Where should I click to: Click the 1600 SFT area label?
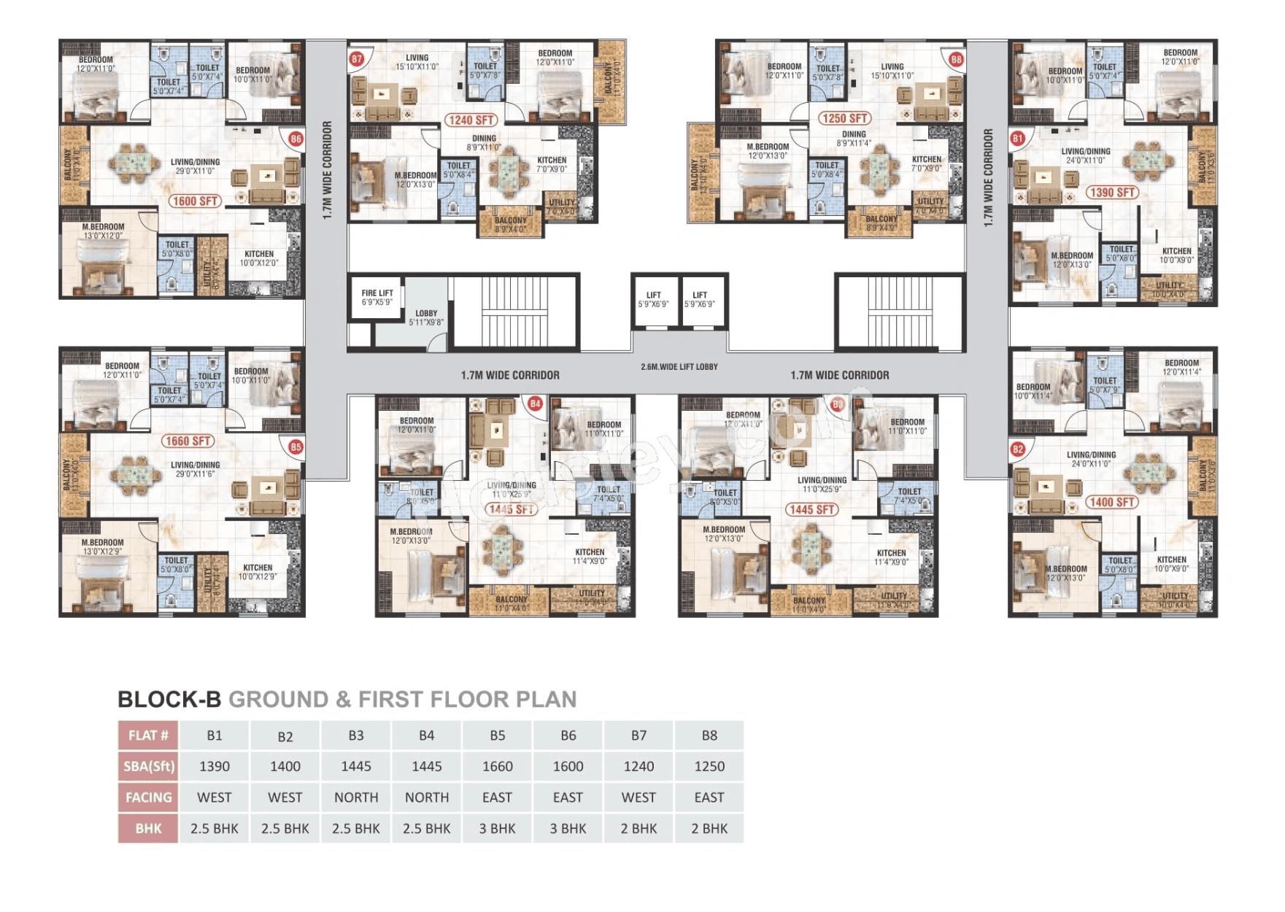click(x=195, y=201)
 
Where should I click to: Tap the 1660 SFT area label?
click(x=188, y=441)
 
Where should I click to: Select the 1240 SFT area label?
click(x=471, y=120)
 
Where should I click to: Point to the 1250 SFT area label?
click(x=844, y=118)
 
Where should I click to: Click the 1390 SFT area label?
click(x=1111, y=193)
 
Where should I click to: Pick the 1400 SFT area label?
click(x=1111, y=502)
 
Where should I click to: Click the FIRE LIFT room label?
click(x=377, y=297)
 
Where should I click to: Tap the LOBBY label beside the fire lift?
click(x=426, y=317)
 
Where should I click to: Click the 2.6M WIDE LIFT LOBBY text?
click(x=679, y=367)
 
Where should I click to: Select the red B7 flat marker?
click(x=357, y=58)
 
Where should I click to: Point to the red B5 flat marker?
click(x=296, y=447)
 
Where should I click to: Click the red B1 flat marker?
click(x=1018, y=138)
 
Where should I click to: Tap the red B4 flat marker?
click(x=535, y=403)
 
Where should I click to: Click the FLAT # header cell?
click(x=148, y=735)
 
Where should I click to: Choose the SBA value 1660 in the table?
click(x=497, y=766)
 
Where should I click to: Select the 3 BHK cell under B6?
click(x=568, y=828)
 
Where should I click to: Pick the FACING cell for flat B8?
click(x=709, y=797)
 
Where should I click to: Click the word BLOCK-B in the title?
click(x=169, y=699)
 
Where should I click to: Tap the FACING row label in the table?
click(x=148, y=797)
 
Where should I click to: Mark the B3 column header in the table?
click(x=356, y=735)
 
